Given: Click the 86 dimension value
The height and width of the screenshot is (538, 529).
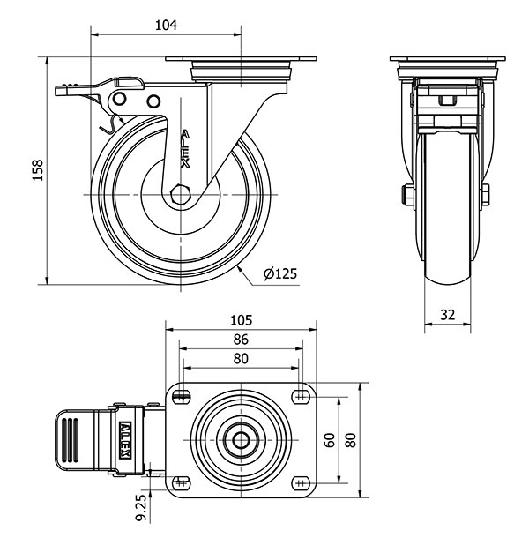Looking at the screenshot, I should click(x=241, y=339).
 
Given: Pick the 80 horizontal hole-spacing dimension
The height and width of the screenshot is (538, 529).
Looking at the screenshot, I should click(x=241, y=358).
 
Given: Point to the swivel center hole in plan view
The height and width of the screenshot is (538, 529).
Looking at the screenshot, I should click(x=241, y=438).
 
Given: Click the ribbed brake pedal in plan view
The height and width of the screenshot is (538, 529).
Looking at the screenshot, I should click(x=72, y=438).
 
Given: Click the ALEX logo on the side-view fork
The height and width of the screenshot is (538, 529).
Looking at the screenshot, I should click(x=184, y=149).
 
